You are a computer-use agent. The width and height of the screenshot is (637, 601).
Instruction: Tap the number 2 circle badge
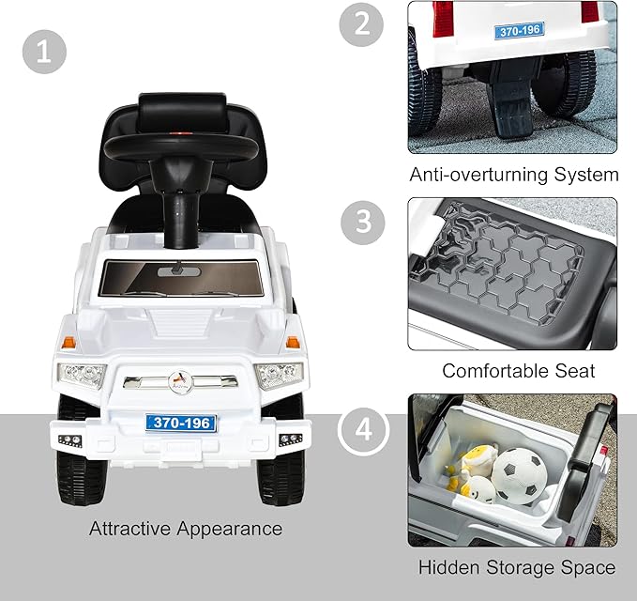click(x=360, y=25)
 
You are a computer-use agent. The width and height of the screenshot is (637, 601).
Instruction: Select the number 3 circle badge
click(x=360, y=222)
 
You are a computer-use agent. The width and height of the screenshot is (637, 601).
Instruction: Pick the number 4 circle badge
click(x=362, y=432)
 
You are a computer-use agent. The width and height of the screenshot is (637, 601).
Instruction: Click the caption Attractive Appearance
click(x=186, y=529)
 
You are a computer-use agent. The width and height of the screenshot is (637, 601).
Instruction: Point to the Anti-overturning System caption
click(x=514, y=175)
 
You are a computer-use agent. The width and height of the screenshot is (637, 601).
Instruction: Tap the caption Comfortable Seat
click(x=519, y=370)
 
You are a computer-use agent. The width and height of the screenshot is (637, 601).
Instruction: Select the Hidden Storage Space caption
click(x=517, y=567)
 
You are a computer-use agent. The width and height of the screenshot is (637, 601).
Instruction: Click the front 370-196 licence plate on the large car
click(x=181, y=424)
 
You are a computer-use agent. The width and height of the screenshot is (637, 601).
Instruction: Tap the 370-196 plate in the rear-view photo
click(x=519, y=32)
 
